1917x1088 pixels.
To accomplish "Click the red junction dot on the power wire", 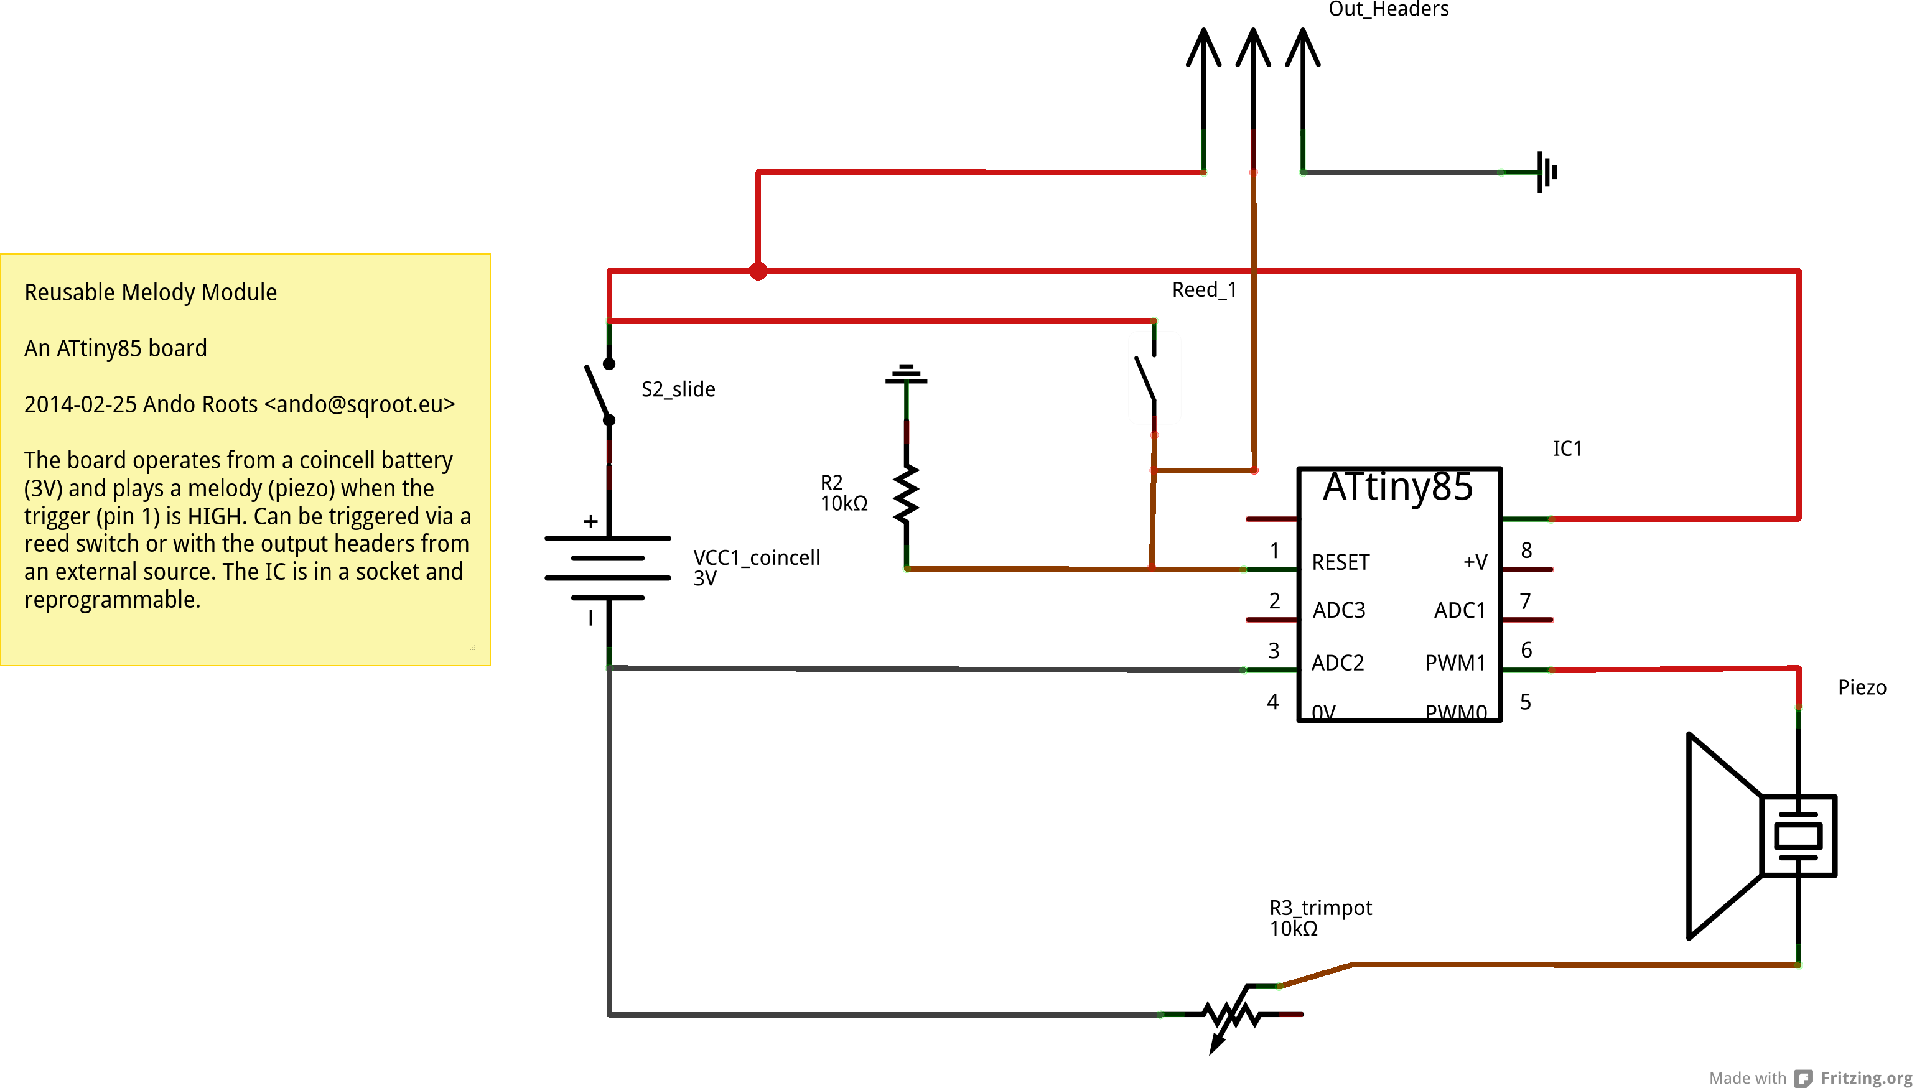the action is coord(758,271).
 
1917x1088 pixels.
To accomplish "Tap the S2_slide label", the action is coord(678,389).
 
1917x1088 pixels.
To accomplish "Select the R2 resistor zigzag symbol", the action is coord(906,494).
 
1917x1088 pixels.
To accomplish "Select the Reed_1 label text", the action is coord(1204,290).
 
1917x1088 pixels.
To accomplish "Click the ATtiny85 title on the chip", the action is coord(1398,486).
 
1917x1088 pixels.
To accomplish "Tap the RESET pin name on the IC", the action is coord(1341,562).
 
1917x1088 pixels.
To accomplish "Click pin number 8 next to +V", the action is coord(1526,551).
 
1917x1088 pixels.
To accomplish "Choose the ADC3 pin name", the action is coord(1339,610).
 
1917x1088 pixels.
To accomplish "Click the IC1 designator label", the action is coord(1567,449).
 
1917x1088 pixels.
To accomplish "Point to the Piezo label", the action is coord(1862,687).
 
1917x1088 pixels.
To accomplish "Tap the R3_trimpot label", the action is coord(1320,908).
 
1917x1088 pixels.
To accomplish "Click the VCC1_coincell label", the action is coord(757,557).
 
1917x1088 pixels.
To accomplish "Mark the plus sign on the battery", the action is coord(590,521).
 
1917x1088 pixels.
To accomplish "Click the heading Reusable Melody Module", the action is coord(150,292).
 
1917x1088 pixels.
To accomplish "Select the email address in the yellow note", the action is coord(360,404).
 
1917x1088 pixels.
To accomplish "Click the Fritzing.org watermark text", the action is coord(1866,1077).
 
